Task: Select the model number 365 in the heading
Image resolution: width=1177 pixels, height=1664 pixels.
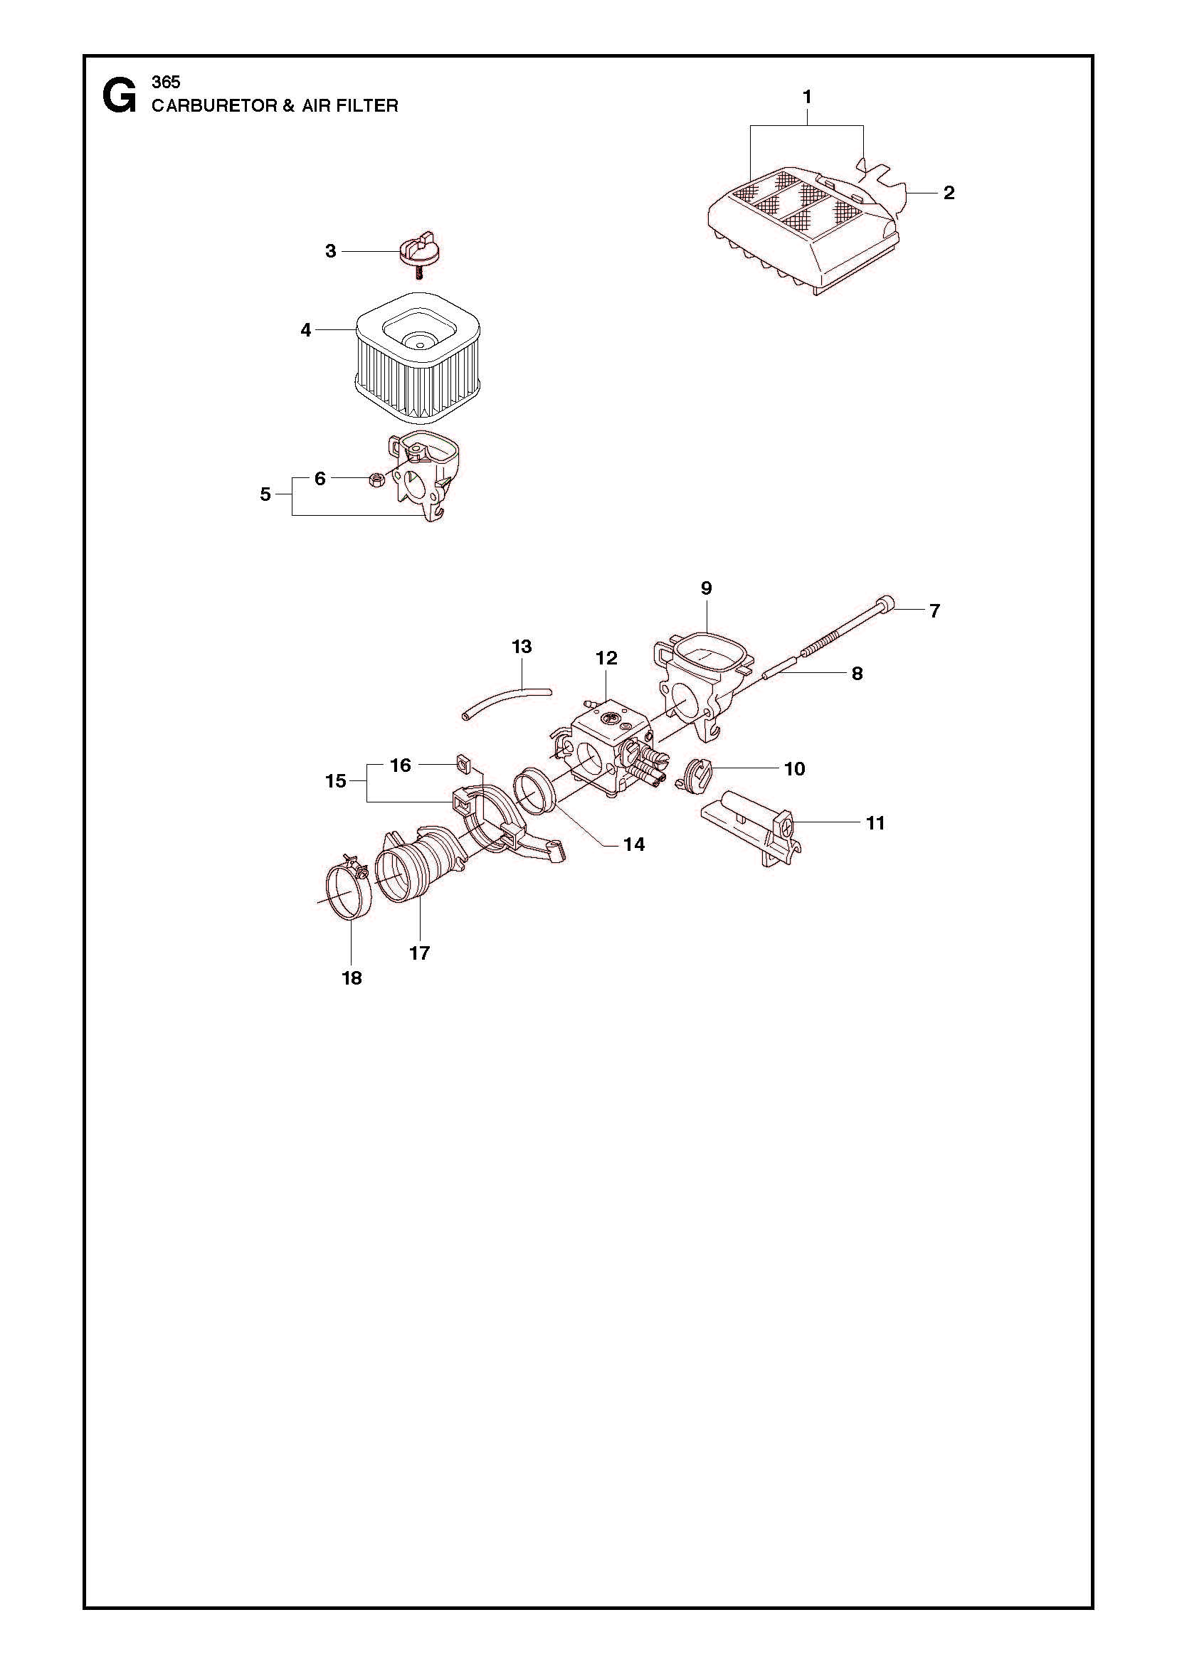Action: pyautogui.click(x=166, y=82)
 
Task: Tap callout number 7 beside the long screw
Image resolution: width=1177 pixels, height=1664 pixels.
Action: pyautogui.click(x=934, y=611)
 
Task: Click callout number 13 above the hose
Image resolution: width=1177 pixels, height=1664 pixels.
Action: pyautogui.click(x=522, y=646)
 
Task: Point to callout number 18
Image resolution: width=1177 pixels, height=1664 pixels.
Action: pyautogui.click(x=352, y=977)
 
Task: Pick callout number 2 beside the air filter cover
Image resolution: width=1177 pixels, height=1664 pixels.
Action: pyautogui.click(x=949, y=193)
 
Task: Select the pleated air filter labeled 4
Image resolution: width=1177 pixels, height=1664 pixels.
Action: pyautogui.click(x=418, y=360)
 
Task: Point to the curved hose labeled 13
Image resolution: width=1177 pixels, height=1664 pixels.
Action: pyautogui.click(x=507, y=701)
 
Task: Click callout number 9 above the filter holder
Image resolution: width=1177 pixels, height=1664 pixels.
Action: pyautogui.click(x=707, y=588)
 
